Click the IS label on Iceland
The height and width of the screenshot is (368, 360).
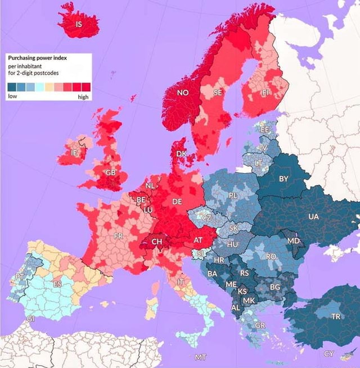point(79,24)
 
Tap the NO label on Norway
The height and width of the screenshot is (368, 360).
point(183,92)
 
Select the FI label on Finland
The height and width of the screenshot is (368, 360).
point(266,92)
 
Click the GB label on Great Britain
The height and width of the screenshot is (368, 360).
point(110,172)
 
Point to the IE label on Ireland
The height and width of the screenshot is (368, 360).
point(74,152)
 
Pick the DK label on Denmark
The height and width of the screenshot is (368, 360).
point(181,153)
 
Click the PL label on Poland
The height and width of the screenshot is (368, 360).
point(233,196)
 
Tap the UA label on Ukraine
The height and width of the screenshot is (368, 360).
point(313,216)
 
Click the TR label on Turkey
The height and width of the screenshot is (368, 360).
point(336,316)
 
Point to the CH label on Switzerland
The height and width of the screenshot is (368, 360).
point(157,242)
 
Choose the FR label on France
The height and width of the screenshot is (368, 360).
point(118,236)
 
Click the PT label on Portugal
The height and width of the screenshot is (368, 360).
point(20,276)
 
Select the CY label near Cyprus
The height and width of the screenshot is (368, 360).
point(328,353)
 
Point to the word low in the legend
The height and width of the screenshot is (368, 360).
point(12,97)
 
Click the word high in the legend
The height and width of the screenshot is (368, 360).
point(83,97)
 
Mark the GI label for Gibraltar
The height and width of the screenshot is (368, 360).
point(30,319)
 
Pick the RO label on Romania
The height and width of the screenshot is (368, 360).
point(271,256)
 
